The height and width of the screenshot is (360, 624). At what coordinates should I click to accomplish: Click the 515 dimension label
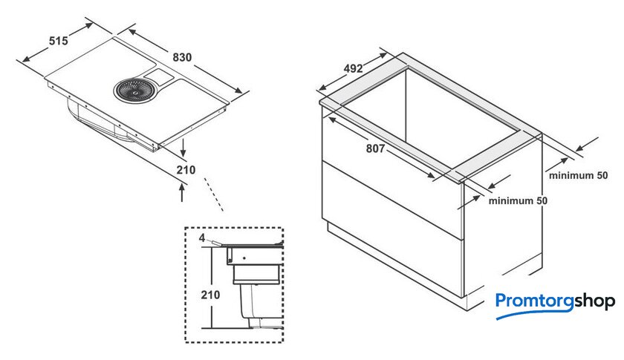click(x=59, y=41)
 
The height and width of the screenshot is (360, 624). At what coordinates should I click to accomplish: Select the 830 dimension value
click(x=182, y=57)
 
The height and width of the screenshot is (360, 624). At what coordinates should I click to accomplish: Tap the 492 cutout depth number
click(x=354, y=68)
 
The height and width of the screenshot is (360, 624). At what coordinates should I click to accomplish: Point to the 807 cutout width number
click(x=375, y=148)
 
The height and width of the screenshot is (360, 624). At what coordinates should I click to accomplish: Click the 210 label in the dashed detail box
click(x=210, y=295)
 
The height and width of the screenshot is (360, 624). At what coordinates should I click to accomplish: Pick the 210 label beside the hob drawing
click(x=186, y=170)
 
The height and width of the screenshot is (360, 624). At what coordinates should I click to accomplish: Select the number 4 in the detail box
click(x=202, y=238)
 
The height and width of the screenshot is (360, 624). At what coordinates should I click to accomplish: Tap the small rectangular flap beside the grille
click(x=158, y=76)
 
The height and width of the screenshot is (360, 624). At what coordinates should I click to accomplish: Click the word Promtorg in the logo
click(x=534, y=301)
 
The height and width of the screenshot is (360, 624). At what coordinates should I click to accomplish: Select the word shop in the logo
click(x=594, y=301)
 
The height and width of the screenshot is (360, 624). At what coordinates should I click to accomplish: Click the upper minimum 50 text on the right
click(x=578, y=175)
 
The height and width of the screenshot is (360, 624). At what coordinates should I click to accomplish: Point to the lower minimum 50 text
click(x=518, y=200)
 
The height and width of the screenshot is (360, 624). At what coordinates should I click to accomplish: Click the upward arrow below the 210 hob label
click(x=182, y=192)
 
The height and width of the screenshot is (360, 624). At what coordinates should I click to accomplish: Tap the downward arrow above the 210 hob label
click(x=183, y=148)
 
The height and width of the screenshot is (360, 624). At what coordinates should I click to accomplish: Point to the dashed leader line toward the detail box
click(x=213, y=194)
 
